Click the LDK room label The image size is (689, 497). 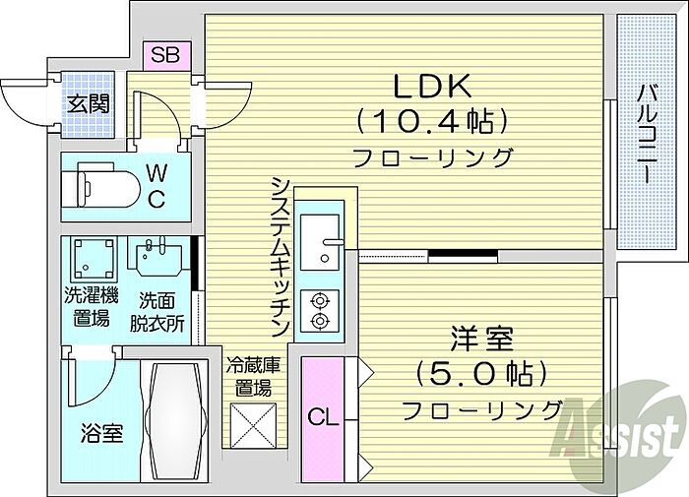point(432,87)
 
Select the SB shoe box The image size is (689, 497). point(164,55)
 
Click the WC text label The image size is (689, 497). point(157,184)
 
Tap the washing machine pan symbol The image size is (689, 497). point(94,259)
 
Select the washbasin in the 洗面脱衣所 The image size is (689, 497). point(157,260)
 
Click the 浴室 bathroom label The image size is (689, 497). point(100,434)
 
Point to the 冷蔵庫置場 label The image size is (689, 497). point(251,376)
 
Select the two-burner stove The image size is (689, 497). point(321,311)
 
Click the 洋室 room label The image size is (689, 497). point(480,340)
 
